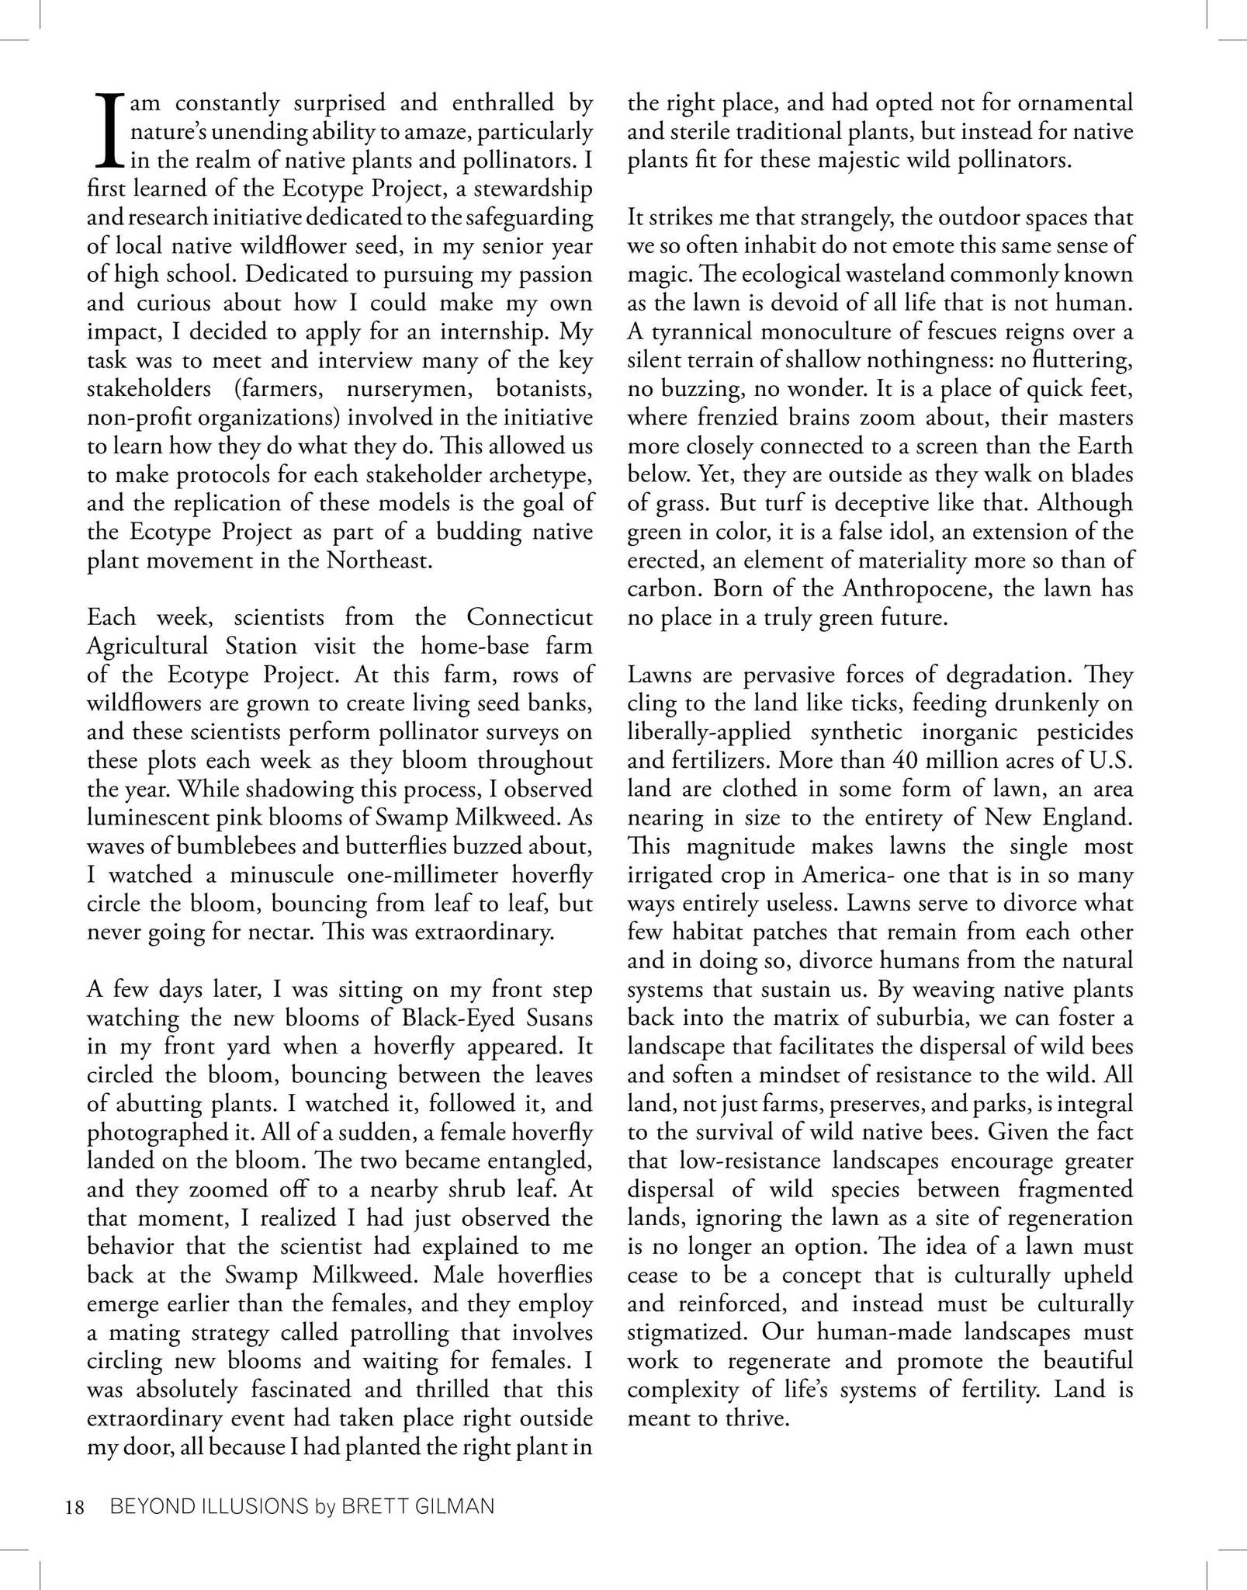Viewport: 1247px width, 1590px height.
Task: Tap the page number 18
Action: click(74, 1508)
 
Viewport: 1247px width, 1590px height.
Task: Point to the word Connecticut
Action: click(529, 617)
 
